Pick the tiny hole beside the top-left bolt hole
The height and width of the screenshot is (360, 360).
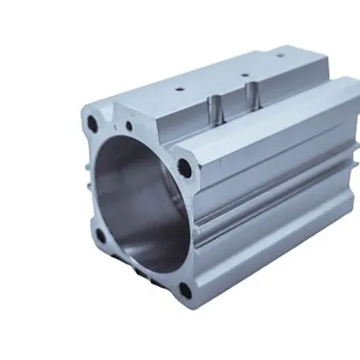pos(129,126)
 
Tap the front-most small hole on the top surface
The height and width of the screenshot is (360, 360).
pos(179,88)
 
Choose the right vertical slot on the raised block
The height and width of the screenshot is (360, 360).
pos(251,97)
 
